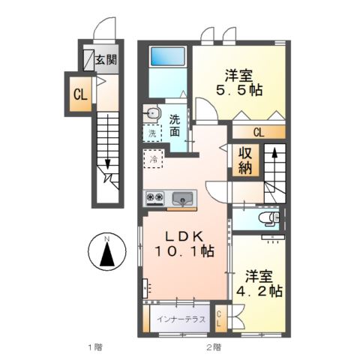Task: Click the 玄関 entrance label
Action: point(106,60)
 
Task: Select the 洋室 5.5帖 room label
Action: point(239,82)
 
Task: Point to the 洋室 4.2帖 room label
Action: point(259,283)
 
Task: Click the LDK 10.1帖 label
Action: point(184,244)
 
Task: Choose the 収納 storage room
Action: point(245,160)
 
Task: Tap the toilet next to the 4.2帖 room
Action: point(268,217)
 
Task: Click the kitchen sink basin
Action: point(183,199)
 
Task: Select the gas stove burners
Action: point(154,197)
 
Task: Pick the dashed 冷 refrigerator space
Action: point(154,159)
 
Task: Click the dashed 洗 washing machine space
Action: point(152,133)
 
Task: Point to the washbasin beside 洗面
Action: point(152,114)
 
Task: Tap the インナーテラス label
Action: point(181,319)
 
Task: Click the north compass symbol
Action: point(107,252)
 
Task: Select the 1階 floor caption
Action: point(95,347)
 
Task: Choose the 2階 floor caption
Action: point(214,347)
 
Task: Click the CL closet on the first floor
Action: point(80,94)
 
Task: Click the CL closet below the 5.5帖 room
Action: point(259,132)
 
